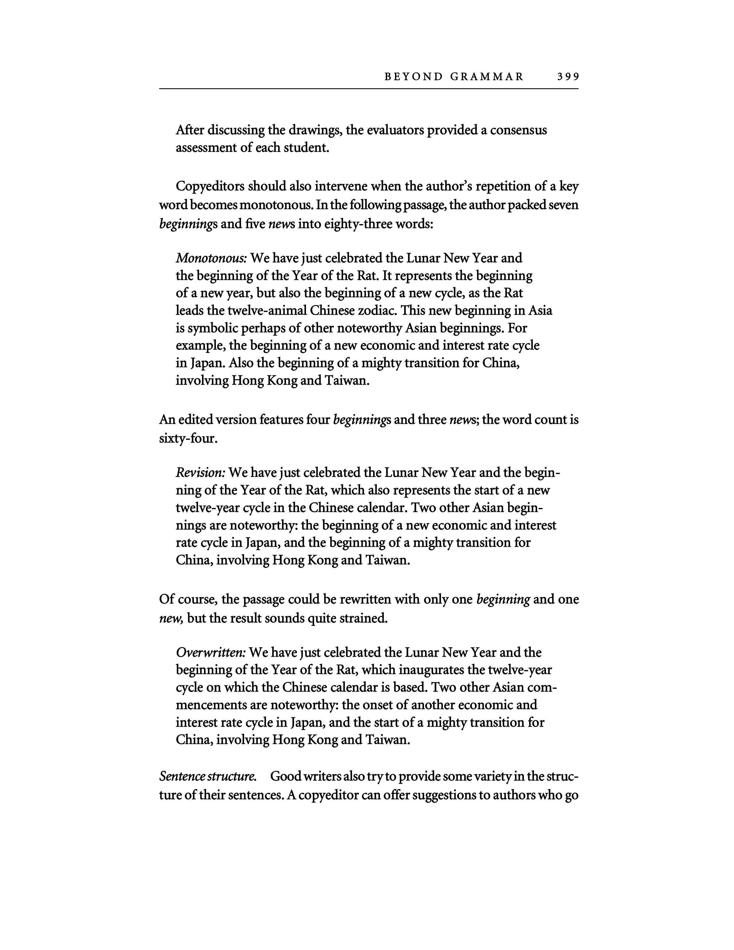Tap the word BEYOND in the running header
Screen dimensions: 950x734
(413, 77)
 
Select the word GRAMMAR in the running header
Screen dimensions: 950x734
(487, 77)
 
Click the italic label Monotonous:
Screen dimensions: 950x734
(211, 259)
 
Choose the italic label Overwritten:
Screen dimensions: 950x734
(211, 652)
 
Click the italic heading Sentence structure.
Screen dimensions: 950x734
(208, 776)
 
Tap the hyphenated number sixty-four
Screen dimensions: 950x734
(188, 438)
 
